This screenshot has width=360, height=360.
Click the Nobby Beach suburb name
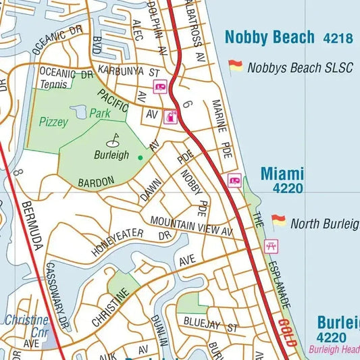269,37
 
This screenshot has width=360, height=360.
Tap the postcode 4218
337,38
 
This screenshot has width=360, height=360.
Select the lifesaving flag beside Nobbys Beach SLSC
235,66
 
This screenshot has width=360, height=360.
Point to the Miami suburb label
282,174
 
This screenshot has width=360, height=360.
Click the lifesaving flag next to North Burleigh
278,222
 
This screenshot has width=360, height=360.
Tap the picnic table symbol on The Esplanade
272,246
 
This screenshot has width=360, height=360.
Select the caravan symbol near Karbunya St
161,86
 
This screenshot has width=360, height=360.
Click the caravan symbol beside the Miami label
234,180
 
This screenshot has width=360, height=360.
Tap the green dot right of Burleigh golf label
140,157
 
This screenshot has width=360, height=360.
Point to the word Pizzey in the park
53,122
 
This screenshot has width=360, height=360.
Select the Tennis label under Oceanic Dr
54,84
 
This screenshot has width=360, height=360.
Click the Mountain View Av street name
191,226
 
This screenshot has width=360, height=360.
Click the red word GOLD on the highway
287,332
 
